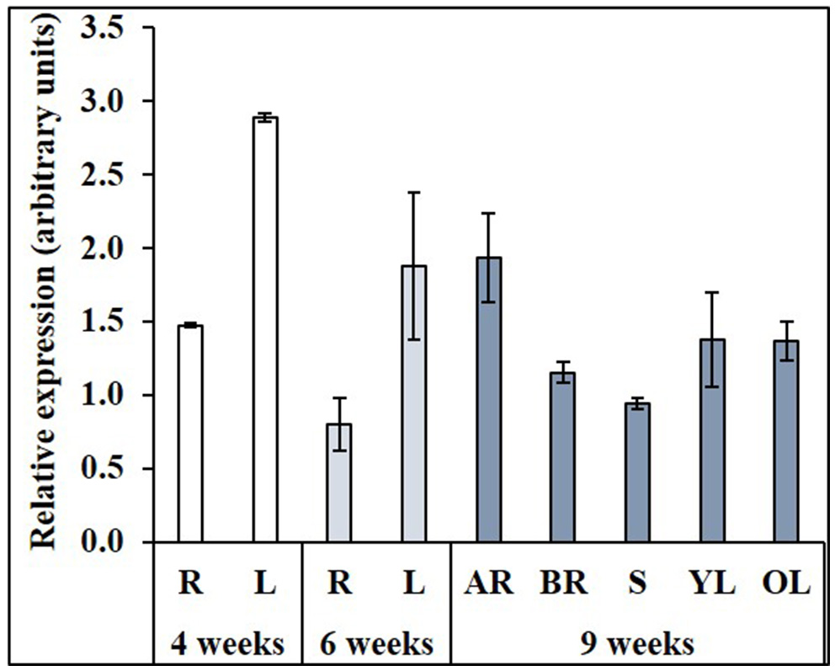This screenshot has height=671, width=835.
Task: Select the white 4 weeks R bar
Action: pyautogui.click(x=191, y=434)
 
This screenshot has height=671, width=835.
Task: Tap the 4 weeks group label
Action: pyautogui.click(x=227, y=646)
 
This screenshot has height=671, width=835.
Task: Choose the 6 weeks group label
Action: pyautogui.click(x=376, y=646)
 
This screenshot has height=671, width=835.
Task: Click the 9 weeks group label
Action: pyautogui.click(x=637, y=646)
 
